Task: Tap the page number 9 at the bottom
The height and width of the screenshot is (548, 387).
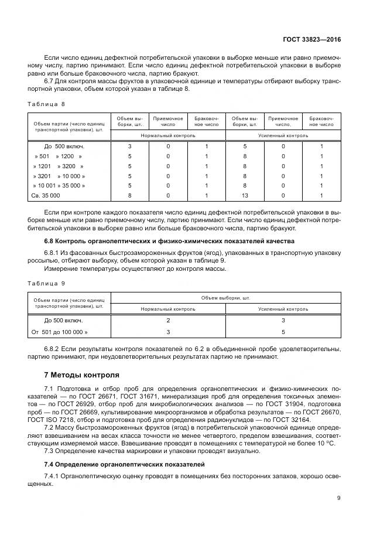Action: point(338,498)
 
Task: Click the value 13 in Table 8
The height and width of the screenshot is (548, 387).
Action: point(244,195)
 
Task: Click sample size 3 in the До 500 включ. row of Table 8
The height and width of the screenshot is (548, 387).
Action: point(129,146)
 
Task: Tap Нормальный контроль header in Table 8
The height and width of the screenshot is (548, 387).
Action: point(167,135)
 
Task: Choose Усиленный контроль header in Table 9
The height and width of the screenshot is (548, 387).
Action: point(283,308)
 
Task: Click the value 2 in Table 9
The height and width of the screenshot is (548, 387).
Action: point(168,321)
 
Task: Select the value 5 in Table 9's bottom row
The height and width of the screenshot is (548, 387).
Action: point(283,332)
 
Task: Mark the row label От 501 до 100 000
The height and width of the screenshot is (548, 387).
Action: point(59,332)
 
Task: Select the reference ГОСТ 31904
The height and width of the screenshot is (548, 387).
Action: point(309,404)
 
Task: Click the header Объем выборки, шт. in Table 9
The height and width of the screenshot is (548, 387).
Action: point(225,298)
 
